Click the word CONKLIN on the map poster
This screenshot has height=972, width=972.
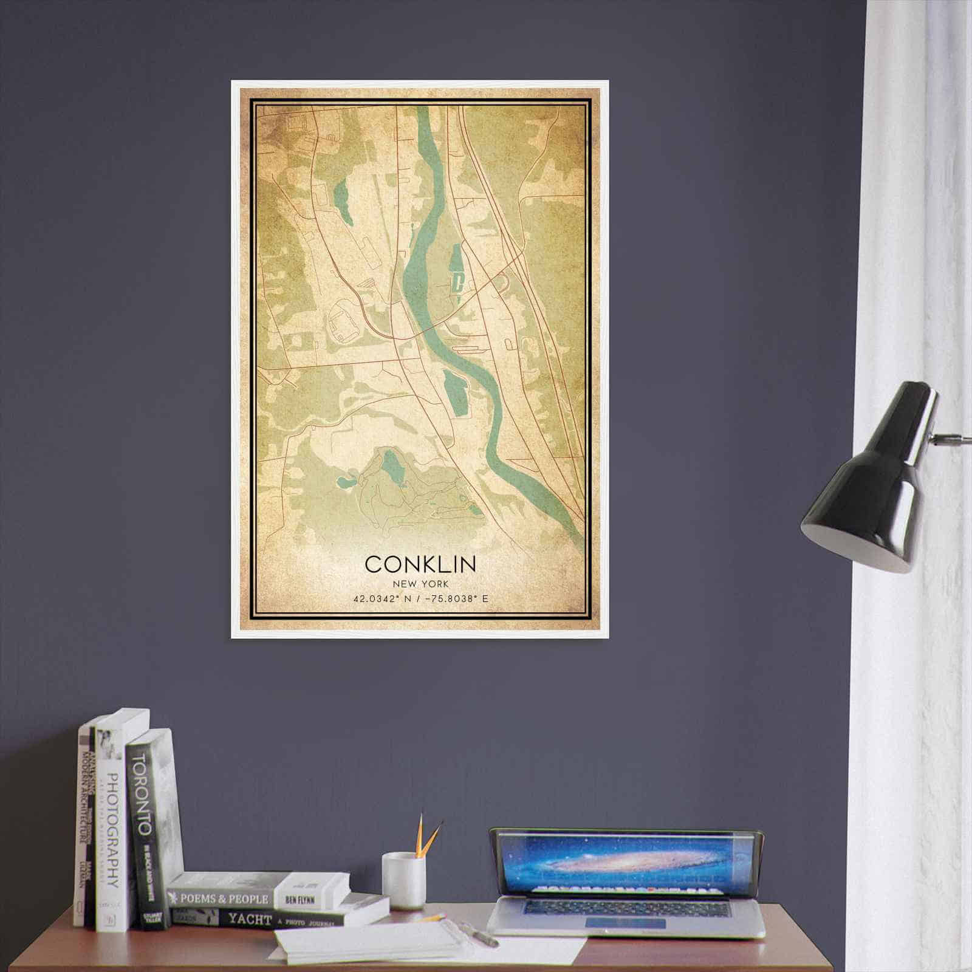tap(420, 564)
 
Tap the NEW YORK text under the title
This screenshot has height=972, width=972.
tap(420, 583)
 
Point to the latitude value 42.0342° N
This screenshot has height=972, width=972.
tap(381, 599)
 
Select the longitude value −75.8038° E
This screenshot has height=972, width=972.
tap(456, 599)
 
